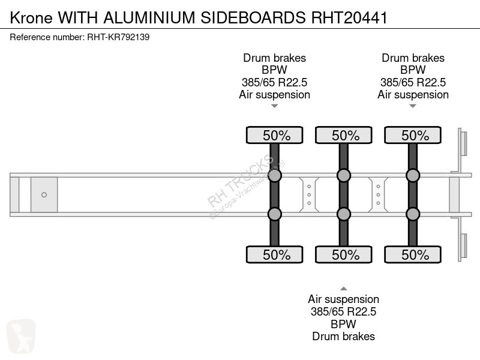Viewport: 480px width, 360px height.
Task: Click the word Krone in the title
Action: [x=31, y=17]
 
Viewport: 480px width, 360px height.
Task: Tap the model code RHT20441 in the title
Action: [x=349, y=17]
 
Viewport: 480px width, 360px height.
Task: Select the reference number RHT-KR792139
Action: [x=118, y=37]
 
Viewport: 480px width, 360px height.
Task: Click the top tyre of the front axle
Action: [x=275, y=135]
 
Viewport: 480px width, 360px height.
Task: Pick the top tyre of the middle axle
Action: [x=344, y=135]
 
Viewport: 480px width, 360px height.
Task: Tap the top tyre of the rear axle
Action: [x=413, y=135]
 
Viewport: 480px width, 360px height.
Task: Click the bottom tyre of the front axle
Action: [x=275, y=254]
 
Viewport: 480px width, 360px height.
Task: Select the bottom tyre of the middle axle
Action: [x=344, y=254]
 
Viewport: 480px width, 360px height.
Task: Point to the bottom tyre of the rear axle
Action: [x=413, y=254]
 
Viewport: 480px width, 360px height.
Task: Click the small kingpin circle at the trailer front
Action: [x=44, y=194]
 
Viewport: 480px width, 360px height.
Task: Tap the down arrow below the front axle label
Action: [x=275, y=106]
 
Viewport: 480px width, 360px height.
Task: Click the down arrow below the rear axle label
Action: [x=413, y=106]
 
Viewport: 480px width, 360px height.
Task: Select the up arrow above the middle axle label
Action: [x=344, y=289]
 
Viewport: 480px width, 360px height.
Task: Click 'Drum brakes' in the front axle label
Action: [x=275, y=58]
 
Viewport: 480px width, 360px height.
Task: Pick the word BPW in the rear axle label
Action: [x=413, y=70]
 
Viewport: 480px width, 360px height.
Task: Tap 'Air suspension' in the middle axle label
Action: [x=343, y=299]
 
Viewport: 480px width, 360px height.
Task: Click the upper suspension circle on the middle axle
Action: [x=344, y=175]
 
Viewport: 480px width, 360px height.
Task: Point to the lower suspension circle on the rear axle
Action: [x=413, y=214]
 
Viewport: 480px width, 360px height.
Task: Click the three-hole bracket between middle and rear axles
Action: [x=379, y=194]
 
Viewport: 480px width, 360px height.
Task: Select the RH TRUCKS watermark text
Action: [x=241, y=181]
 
